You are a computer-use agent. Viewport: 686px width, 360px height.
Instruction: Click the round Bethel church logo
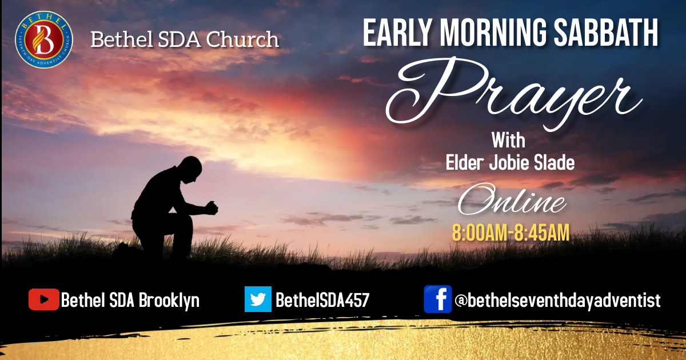coord(43,39)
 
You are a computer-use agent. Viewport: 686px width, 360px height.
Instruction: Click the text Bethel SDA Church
coord(185,39)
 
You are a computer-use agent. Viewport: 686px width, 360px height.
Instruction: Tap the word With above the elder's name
coord(508,140)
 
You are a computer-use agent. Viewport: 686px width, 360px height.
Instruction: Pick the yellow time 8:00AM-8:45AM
coord(510,233)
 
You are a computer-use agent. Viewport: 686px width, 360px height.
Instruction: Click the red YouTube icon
coord(43,299)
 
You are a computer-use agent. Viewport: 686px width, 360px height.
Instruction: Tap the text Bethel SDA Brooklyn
coord(130,300)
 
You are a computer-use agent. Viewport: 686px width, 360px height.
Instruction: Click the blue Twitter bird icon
coord(258,299)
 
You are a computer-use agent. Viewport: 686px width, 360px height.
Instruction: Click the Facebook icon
coord(437,299)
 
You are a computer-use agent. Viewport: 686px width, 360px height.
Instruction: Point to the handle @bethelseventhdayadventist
coord(557,300)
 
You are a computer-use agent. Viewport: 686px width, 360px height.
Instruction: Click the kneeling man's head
coord(190,171)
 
